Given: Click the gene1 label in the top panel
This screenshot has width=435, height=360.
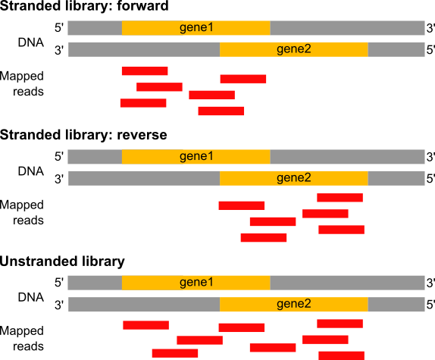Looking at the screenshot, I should click(196, 28).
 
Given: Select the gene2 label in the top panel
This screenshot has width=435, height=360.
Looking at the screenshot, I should click(294, 49).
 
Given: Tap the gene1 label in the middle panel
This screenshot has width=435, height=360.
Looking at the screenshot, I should click(196, 157).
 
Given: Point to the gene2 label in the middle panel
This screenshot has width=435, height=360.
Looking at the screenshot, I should click(294, 178).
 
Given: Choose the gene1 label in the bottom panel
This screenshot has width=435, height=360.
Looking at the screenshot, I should click(196, 283).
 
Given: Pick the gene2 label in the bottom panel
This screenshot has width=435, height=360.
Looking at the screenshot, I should click(294, 304).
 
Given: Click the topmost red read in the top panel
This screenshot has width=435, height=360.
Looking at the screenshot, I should click(145, 70).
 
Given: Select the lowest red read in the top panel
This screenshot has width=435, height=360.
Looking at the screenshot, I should click(221, 111).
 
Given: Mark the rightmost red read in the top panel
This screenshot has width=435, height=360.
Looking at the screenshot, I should click(243, 78).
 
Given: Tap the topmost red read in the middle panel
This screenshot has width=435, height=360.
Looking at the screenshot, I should click(340, 198).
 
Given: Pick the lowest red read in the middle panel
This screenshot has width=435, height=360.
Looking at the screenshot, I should click(264, 237).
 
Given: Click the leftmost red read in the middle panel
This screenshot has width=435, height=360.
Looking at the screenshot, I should click(242, 205).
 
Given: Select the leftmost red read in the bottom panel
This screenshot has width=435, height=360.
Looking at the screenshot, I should click(146, 325).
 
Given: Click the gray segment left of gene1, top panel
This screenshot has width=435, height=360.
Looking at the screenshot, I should click(95, 28).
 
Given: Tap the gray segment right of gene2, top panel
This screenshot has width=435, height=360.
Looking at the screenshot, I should click(396, 49).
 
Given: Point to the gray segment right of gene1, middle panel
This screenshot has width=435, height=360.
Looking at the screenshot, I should click(347, 157).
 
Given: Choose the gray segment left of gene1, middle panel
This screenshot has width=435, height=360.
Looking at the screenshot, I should click(95, 157).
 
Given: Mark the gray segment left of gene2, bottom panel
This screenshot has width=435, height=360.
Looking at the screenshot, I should click(144, 304).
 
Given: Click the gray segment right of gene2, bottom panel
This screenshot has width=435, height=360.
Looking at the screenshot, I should click(396, 304).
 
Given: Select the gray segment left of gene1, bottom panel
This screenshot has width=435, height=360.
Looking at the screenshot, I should click(95, 283).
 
